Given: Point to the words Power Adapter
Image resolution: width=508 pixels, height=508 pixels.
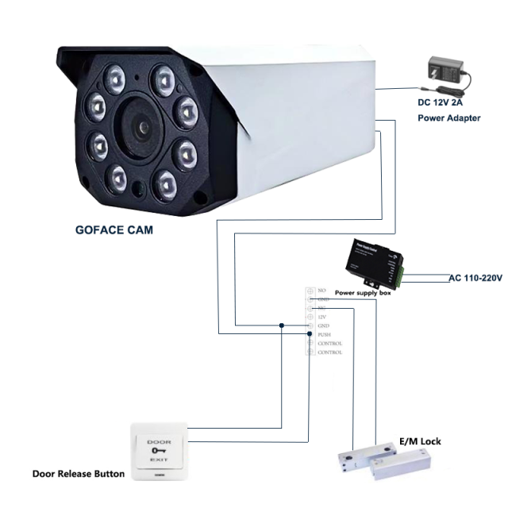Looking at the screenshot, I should pos(449,117).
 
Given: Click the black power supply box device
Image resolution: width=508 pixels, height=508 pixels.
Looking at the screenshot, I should pos(372,261).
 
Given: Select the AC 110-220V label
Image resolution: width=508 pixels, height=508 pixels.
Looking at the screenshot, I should pos(476,278).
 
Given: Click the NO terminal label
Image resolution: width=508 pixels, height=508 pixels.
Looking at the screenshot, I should pos(321,291).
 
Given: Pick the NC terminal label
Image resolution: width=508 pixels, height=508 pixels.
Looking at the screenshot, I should pos(321,308).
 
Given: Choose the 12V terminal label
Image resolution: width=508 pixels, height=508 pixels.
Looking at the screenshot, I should pos(321,317).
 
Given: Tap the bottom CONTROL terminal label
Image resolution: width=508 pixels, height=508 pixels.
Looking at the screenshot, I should pos(329,352).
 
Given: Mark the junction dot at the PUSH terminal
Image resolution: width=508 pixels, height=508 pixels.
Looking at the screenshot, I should pos(310,335).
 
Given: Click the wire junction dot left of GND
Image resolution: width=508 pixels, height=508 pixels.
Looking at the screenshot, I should pos(282,325).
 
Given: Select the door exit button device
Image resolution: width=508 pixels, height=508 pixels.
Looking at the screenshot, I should pos(159,451).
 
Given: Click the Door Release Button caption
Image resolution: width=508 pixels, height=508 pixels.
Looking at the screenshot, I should pos(78,474).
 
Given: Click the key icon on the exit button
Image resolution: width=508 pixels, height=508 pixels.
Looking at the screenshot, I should pos(159,451).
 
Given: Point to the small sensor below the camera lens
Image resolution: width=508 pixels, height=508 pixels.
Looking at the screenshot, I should pos(137,188).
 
